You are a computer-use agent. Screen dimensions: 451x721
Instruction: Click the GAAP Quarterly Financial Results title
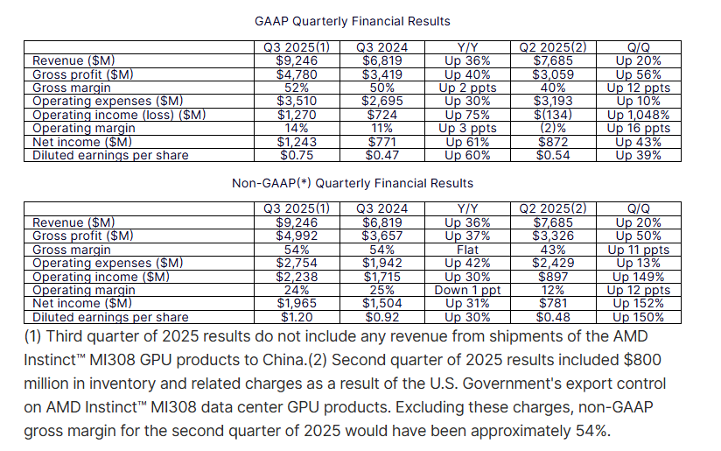352,20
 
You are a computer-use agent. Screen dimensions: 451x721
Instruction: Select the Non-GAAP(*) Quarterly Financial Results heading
352,183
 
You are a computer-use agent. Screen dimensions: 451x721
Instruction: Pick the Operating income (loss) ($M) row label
119,115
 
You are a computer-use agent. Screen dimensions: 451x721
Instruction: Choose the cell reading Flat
467,250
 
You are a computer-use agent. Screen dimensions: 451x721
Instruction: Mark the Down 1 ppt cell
467,291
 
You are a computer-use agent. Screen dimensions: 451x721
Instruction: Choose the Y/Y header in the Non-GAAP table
467,209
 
